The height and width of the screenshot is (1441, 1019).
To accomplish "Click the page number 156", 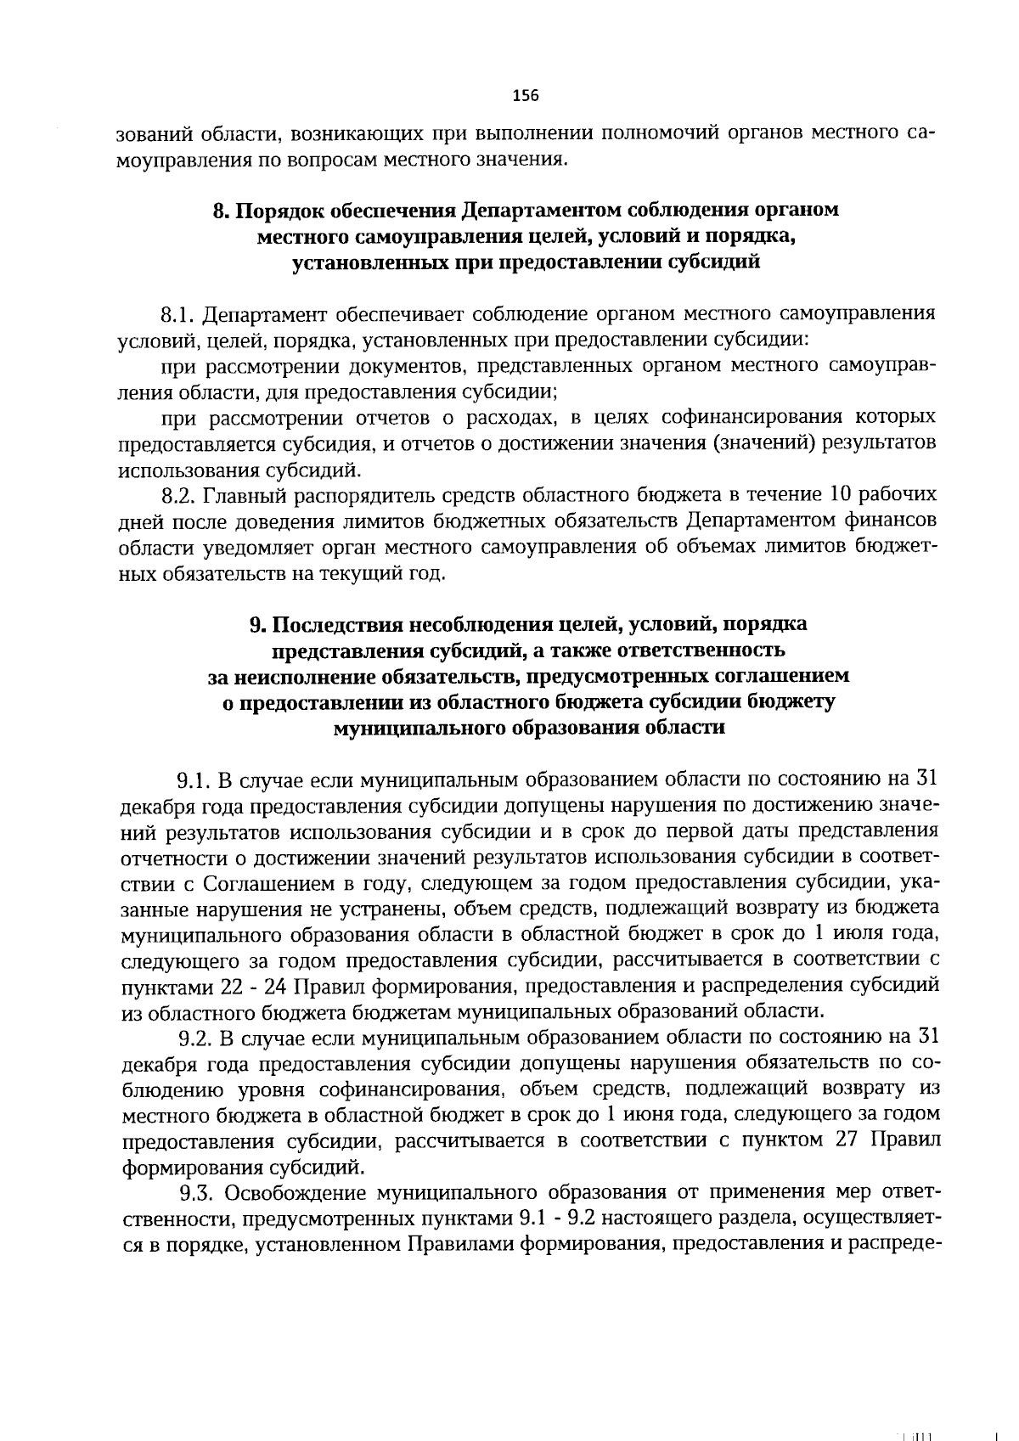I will (526, 95).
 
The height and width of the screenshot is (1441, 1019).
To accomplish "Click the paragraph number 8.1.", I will (179, 315).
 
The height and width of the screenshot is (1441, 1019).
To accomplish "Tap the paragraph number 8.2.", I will (180, 495).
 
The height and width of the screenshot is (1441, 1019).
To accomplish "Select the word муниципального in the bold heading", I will (411, 729).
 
